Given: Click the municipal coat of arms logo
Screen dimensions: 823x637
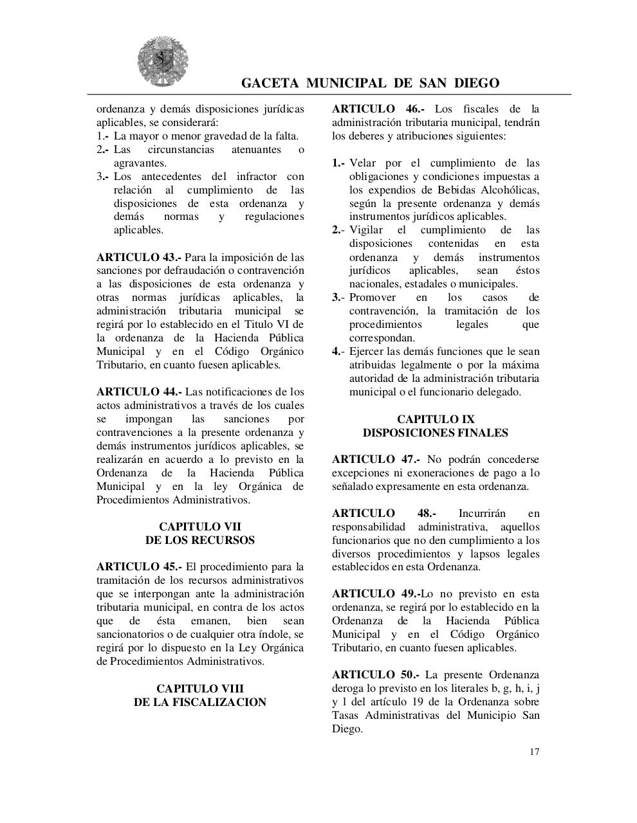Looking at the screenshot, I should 162,62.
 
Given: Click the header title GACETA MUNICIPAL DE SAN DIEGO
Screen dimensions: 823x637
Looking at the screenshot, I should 370,83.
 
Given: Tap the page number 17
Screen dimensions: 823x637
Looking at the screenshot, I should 535,752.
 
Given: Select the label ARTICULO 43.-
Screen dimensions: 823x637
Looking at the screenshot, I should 138,257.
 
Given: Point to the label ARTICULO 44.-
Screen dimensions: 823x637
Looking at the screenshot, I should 139,392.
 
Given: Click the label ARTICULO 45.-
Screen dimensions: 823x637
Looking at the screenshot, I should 139,566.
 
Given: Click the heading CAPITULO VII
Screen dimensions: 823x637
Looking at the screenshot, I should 199,527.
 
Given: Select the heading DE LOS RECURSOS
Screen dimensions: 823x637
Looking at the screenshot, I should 199,540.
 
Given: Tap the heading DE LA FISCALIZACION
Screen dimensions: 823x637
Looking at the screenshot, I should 199,702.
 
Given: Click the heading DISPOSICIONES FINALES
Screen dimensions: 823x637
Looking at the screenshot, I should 435,433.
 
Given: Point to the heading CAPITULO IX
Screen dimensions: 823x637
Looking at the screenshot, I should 435,419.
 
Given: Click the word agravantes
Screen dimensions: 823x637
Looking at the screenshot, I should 140,163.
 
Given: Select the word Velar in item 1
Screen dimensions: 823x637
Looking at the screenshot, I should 363,163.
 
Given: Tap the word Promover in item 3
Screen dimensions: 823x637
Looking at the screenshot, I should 372,298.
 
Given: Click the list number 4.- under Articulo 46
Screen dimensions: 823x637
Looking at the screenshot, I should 338,352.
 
